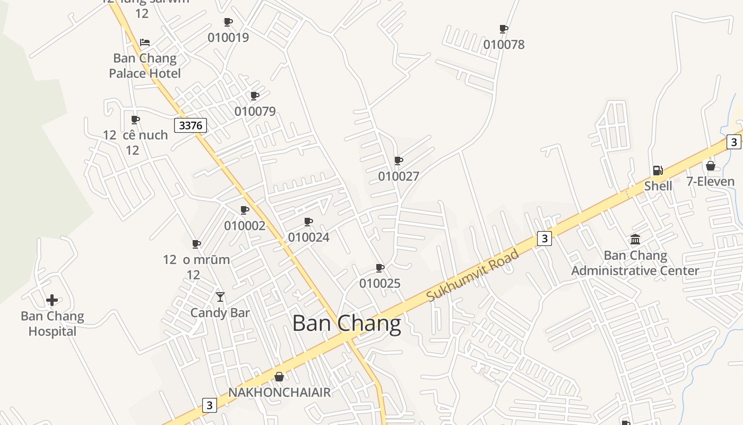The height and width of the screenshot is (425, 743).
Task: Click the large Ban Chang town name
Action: [x=347, y=324]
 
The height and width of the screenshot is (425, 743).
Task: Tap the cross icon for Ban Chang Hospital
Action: [x=52, y=300]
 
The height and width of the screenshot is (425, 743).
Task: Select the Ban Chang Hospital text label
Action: [x=52, y=324]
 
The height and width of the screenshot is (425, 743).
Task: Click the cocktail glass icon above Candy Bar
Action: [x=220, y=296]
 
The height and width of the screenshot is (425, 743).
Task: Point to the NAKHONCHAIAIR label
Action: [x=279, y=392]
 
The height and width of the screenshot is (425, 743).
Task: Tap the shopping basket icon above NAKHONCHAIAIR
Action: [x=279, y=377]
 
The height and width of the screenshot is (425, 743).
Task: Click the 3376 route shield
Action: [x=191, y=125]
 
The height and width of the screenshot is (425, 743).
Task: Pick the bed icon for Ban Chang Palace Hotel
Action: [x=145, y=42]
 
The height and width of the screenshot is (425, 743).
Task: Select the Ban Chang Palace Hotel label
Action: [x=145, y=65]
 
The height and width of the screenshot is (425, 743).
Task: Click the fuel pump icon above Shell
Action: [x=658, y=171]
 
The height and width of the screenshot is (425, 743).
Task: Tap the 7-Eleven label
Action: [x=710, y=182]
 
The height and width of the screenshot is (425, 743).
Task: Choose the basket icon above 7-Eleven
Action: [x=710, y=166]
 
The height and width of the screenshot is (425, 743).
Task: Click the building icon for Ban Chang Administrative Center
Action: [x=635, y=240]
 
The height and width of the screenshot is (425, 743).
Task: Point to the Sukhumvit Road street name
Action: [x=472, y=276]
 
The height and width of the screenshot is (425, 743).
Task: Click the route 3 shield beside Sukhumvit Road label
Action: [x=544, y=239]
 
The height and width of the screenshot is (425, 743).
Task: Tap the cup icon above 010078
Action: [x=504, y=29]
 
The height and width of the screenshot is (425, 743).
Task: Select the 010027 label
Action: [x=399, y=176]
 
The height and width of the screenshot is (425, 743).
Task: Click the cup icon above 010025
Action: [x=379, y=268]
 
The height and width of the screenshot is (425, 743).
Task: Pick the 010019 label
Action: [x=228, y=38]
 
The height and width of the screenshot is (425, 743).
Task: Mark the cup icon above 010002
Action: [x=245, y=210]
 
